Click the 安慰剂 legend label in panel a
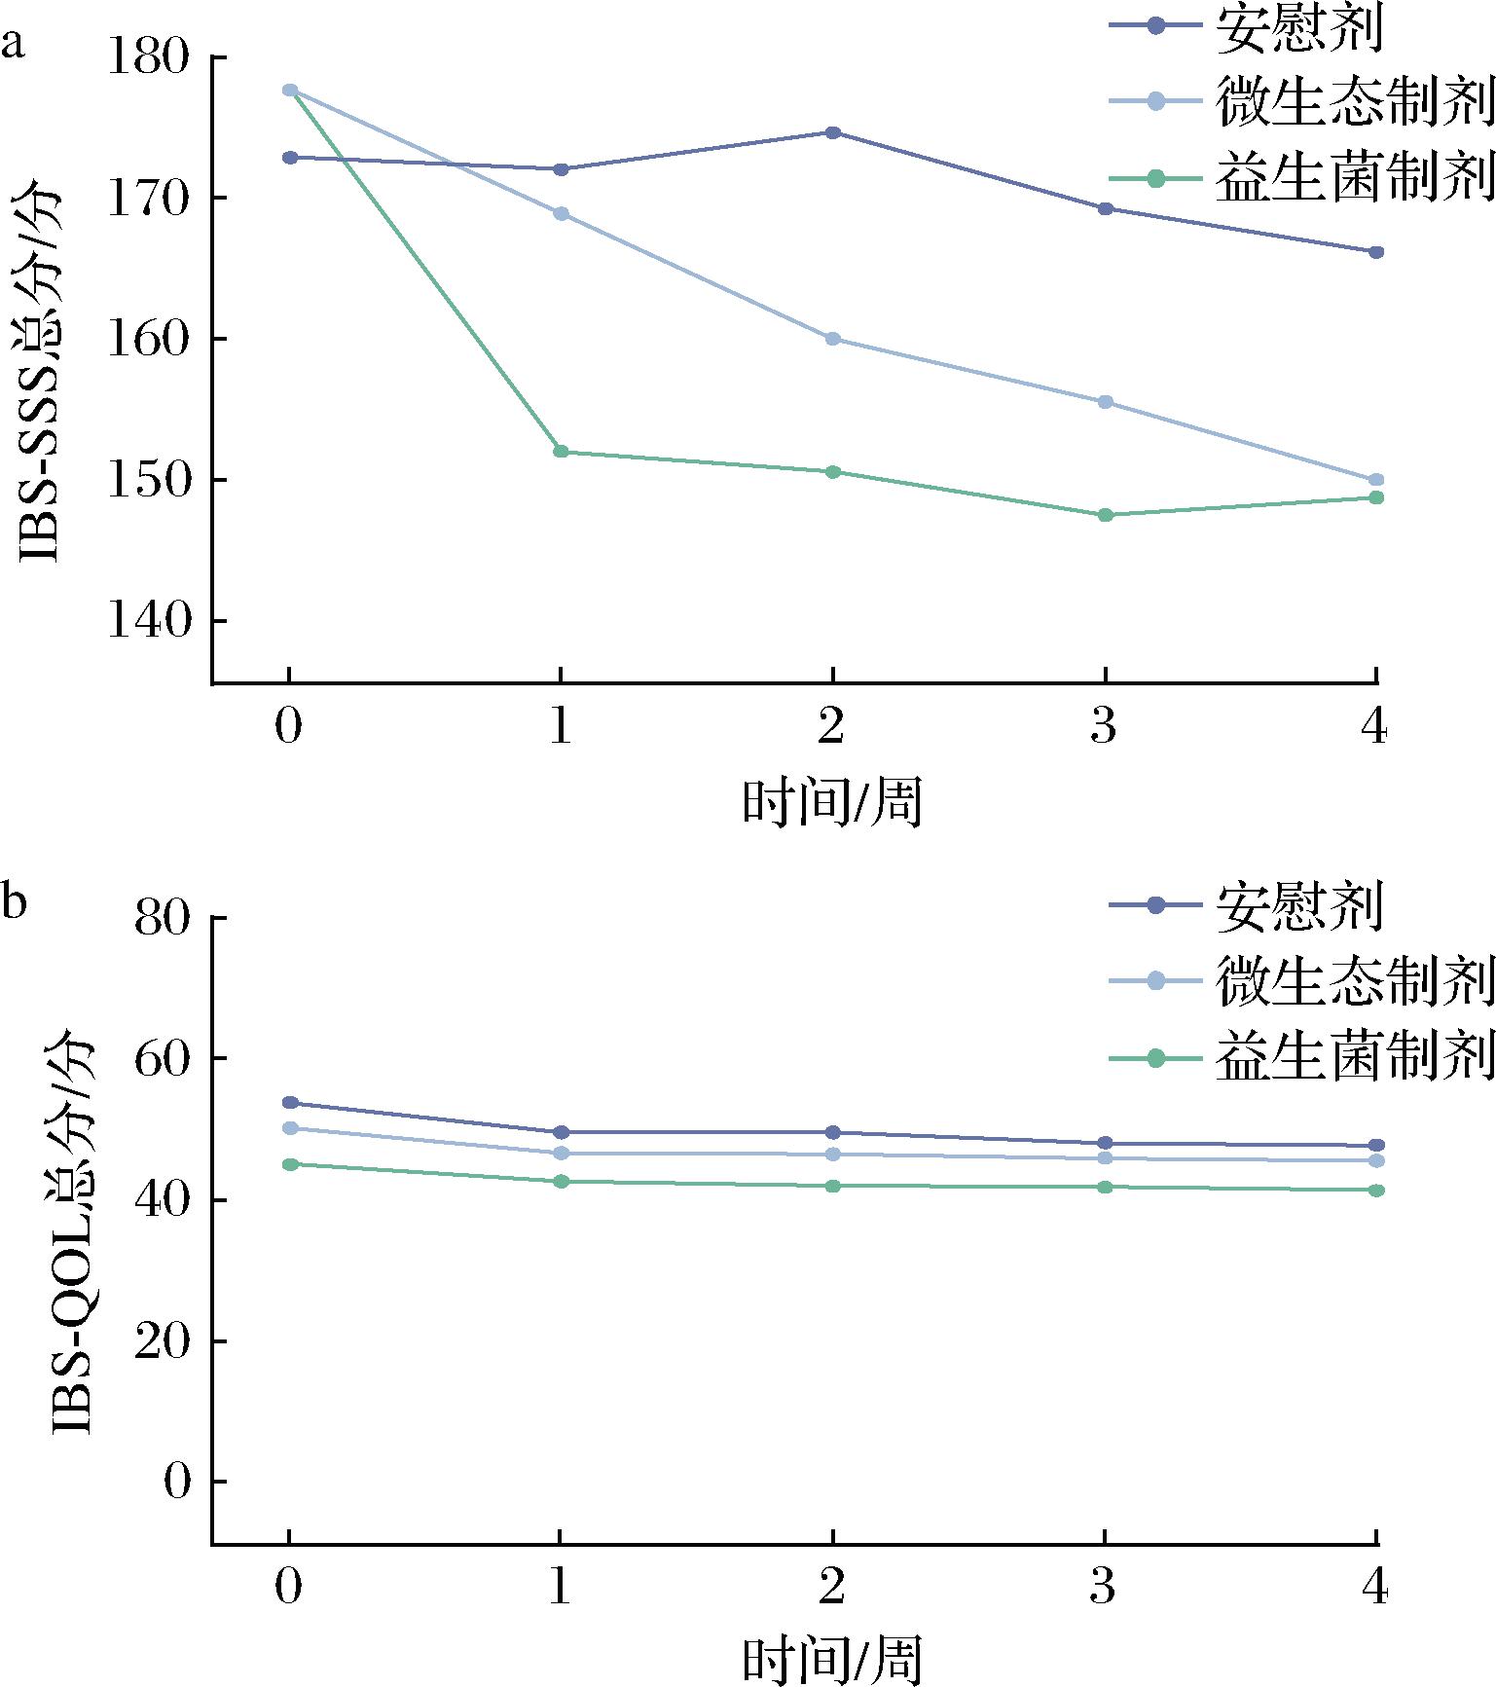1297,29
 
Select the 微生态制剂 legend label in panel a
1354,102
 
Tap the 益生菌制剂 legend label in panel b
1354,1059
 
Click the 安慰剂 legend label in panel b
1297,907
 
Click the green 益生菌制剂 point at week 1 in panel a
561,452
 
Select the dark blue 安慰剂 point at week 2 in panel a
833,132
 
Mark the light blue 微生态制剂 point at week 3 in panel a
1105,402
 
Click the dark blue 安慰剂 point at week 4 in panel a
1376,252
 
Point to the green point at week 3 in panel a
1105,515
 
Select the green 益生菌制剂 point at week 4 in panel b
1376,1191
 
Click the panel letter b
14,903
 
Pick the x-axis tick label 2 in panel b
831,1589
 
